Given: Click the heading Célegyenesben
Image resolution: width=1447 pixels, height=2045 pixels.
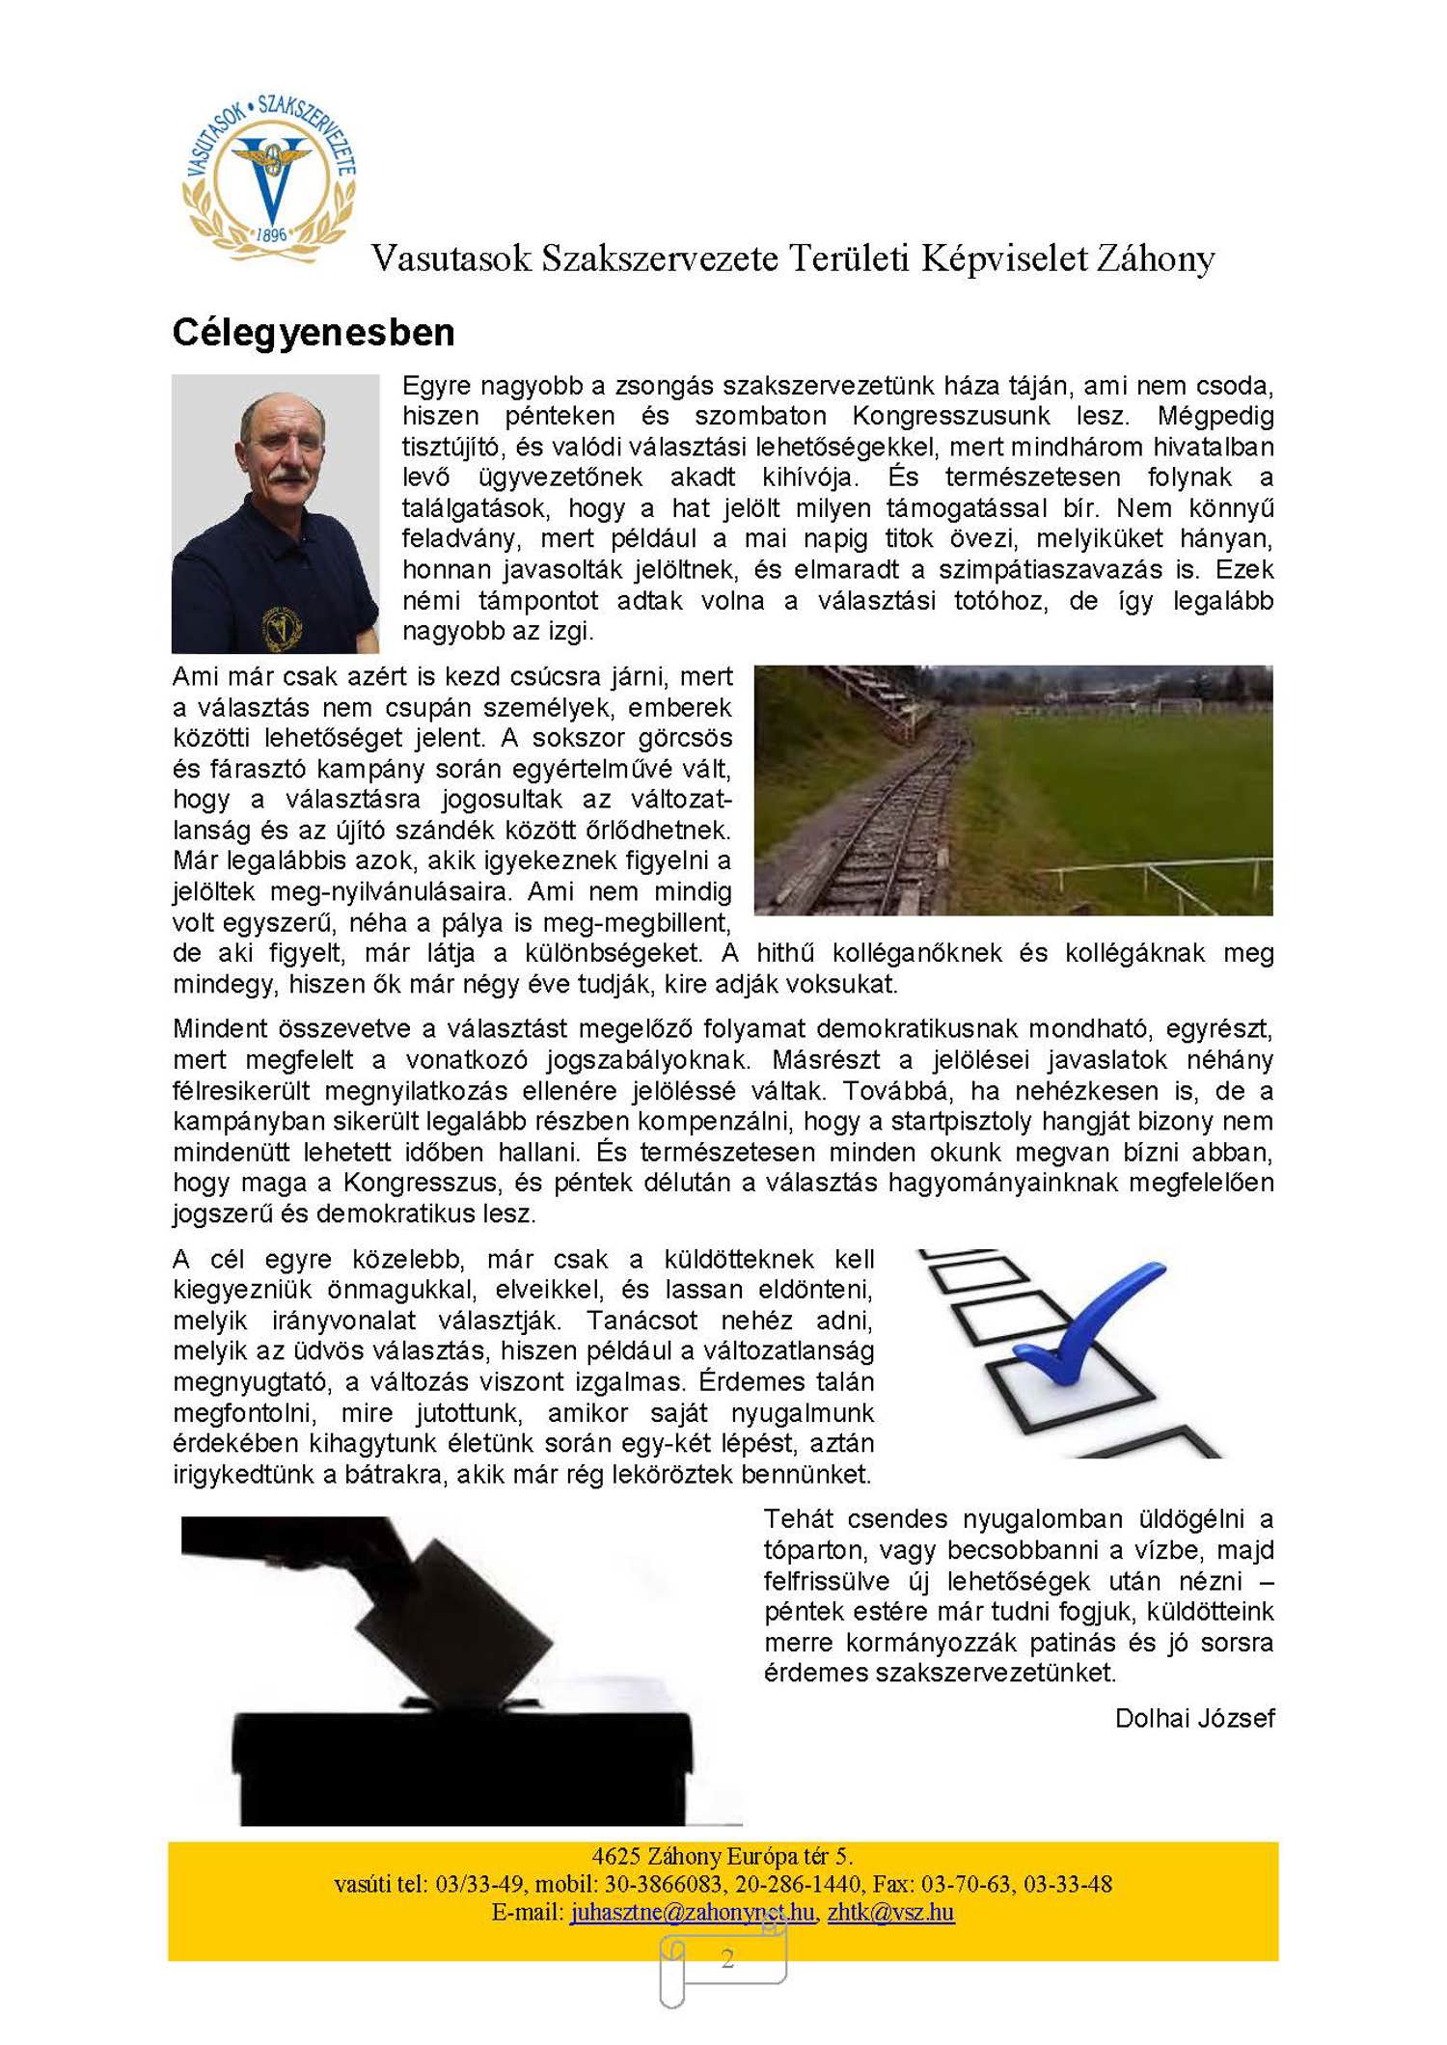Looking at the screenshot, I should [x=314, y=333].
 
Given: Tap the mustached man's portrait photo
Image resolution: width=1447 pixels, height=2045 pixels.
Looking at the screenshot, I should [x=275, y=513].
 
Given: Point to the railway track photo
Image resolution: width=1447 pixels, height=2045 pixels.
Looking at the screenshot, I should [x=1013, y=790].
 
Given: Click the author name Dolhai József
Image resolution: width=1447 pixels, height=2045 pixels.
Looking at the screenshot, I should [x=1194, y=1718].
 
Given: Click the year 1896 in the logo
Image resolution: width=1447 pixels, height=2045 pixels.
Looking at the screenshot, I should [x=271, y=234].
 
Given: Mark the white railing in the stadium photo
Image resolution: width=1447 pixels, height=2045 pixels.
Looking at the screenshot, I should [x=1158, y=874].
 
